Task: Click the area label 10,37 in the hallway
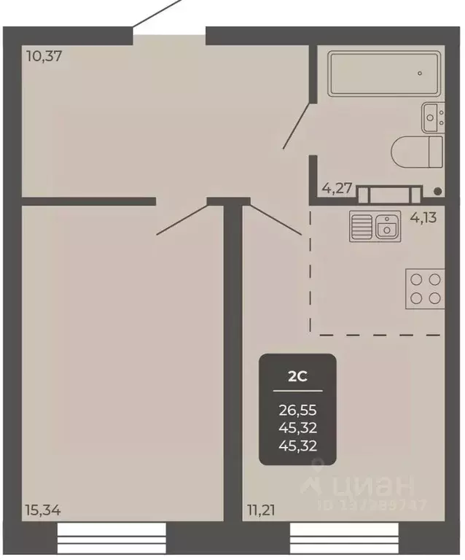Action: point(43,55)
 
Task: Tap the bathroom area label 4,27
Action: point(337,188)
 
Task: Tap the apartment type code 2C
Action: point(297,376)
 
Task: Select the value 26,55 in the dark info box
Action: point(297,410)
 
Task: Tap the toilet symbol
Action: point(417,152)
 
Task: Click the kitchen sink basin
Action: point(386,227)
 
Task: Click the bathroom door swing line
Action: point(298,125)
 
